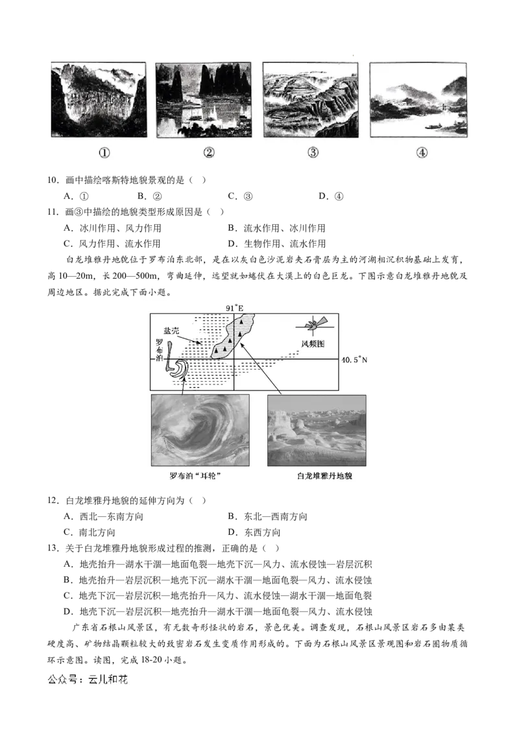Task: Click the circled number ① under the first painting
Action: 104,152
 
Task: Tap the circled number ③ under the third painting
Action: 313,152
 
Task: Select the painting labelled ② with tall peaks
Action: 203,100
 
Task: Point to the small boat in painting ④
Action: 432,126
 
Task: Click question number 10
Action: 53,180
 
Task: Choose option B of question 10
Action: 149,196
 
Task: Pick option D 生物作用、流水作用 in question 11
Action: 277,243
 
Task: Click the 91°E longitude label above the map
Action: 235,308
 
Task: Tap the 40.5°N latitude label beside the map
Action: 355,359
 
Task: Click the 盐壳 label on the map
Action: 171,331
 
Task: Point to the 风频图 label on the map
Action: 313,344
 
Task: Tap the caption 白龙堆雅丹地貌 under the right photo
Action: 324,476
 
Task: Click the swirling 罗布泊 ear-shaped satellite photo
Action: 200,430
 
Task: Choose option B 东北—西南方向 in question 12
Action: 267,516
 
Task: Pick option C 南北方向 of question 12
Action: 90,532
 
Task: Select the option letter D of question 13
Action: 68,611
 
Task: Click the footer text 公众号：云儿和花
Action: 88,680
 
